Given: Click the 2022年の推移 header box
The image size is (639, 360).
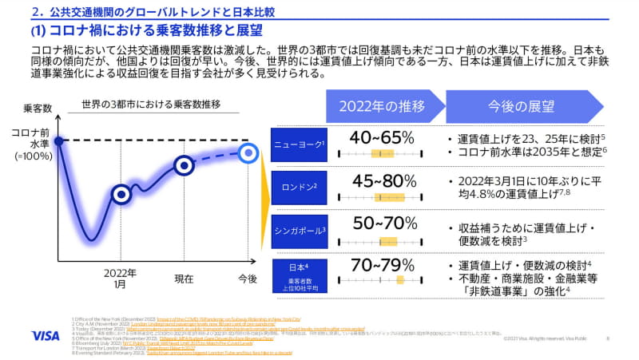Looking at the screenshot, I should point(382,107).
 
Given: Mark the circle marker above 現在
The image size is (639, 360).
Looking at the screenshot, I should point(185,165).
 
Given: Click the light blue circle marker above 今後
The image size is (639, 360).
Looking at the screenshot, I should point(248,150).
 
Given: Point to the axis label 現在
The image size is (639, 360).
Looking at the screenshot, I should point(185,278).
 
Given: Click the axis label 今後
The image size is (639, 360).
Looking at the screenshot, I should point(248,278).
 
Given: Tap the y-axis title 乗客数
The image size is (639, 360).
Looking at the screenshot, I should point(37,108).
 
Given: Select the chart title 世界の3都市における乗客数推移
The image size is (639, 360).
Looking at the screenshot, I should point(150,105).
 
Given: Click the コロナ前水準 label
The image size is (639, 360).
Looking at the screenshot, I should point(30,140).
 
